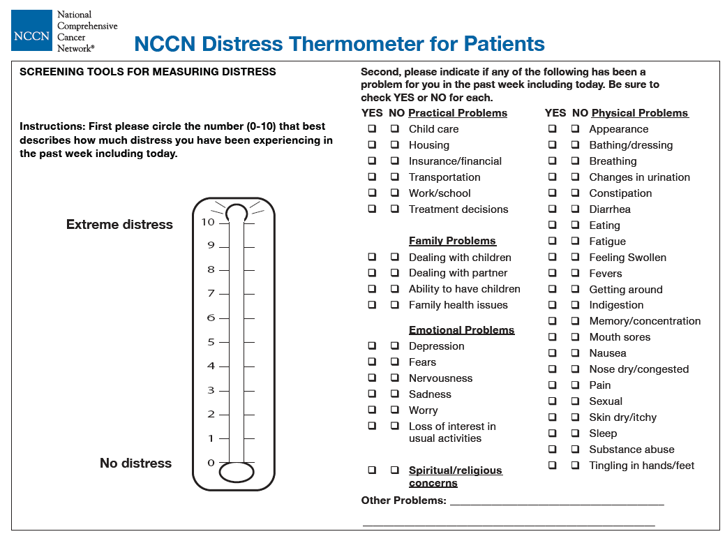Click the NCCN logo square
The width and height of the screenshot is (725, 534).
tap(31, 30)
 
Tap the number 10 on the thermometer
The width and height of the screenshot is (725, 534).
tap(208, 222)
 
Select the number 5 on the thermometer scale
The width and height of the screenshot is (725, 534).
tap(211, 342)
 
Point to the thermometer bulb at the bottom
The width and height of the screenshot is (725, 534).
tap(237, 472)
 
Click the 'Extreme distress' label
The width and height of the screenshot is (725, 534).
tap(119, 225)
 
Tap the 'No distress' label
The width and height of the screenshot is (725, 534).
tap(135, 463)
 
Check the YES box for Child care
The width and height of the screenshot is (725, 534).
tap(372, 128)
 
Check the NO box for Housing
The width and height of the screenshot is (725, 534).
tap(394, 144)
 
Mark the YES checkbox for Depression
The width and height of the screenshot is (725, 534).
tap(372, 346)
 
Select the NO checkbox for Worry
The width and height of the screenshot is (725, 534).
tap(394, 410)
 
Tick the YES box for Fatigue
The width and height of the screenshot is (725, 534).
tap(552, 241)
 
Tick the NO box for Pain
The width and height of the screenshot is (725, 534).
tap(574, 385)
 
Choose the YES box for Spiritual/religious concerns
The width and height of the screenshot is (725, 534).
tap(372, 470)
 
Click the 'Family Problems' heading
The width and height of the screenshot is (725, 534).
tap(452, 241)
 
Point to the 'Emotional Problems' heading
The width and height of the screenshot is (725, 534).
tap(461, 330)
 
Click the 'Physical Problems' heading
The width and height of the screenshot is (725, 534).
tap(640, 113)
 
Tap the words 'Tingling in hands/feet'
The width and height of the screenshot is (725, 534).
tap(641, 466)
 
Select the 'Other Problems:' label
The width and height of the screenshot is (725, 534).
tap(403, 500)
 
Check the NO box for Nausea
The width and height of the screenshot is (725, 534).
tap(574, 353)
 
